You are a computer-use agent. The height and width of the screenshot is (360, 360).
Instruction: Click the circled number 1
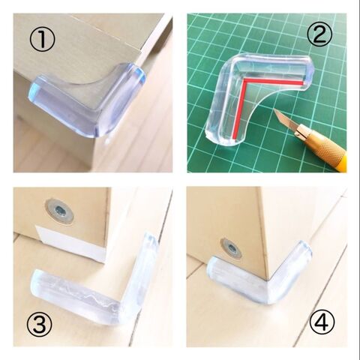click(x=42, y=40)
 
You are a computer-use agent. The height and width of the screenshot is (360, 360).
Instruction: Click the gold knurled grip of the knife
click(x=325, y=143)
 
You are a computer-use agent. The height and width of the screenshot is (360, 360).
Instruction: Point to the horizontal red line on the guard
click(x=274, y=81)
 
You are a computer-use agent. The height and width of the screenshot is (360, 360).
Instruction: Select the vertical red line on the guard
click(x=238, y=109)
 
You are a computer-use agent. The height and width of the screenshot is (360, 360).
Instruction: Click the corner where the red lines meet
click(x=244, y=80)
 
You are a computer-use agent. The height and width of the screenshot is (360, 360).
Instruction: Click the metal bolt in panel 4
click(x=231, y=248)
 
